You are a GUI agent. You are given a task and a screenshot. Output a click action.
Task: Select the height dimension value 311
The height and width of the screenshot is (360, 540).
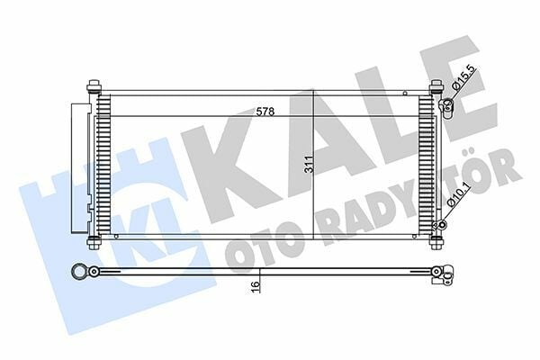[309, 166]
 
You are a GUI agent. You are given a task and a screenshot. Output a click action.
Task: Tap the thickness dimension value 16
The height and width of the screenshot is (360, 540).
[256, 285]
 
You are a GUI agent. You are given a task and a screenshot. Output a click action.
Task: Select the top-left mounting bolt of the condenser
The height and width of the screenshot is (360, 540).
[94, 88]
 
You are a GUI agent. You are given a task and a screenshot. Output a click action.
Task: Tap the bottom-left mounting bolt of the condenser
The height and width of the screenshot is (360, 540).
[94, 243]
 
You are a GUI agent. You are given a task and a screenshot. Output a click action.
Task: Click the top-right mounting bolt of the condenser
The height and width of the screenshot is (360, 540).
[436, 88]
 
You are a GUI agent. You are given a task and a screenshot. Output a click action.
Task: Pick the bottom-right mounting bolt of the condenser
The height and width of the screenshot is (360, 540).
[436, 242]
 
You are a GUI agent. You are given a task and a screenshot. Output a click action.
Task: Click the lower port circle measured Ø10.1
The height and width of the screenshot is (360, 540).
[440, 224]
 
